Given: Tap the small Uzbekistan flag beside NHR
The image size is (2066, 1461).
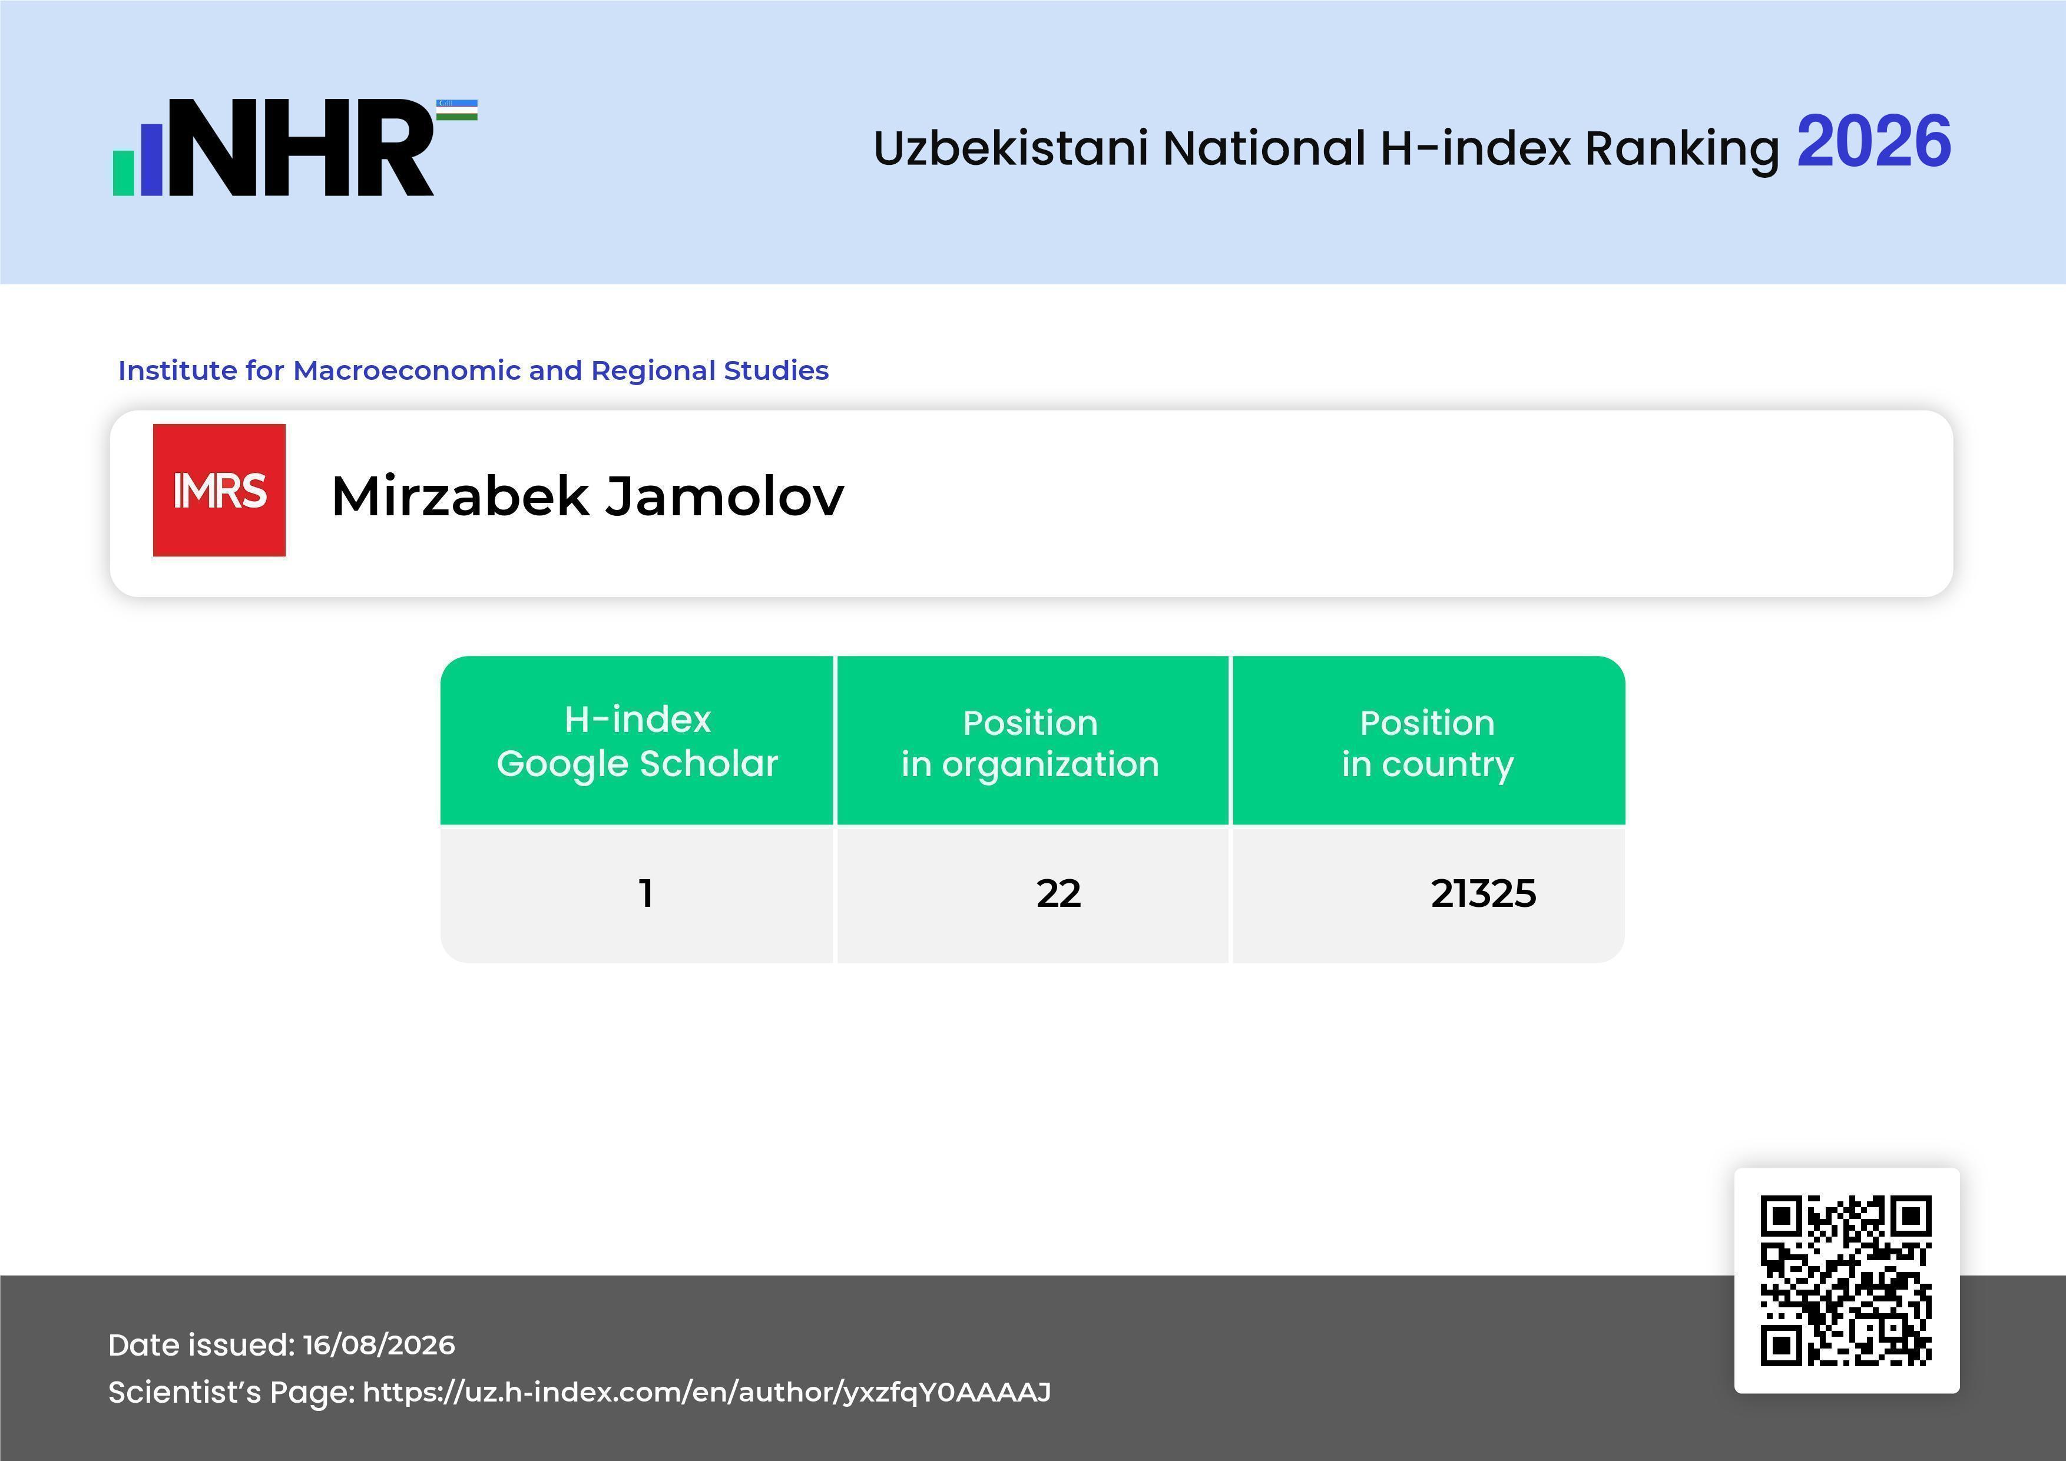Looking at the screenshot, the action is click(x=457, y=110).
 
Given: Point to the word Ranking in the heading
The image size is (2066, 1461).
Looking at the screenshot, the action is click(x=1682, y=150).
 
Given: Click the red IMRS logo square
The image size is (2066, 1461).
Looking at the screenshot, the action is click(x=220, y=491).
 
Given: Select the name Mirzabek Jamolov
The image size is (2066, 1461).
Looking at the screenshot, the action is click(x=588, y=496).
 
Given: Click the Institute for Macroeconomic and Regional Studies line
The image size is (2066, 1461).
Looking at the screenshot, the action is click(x=474, y=370).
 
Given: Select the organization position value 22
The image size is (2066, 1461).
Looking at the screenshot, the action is click(x=1058, y=893).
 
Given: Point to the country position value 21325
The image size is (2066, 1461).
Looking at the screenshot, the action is click(x=1484, y=893).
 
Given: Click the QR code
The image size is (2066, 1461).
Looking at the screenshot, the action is click(x=1846, y=1281).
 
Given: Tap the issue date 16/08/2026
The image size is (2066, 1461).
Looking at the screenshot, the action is click(x=379, y=1345).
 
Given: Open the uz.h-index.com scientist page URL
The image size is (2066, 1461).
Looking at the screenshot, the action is click(x=706, y=1393).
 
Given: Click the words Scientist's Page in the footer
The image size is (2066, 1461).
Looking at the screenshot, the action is click(x=231, y=1393).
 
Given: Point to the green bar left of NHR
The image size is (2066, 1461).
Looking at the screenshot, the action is click(x=123, y=173).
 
